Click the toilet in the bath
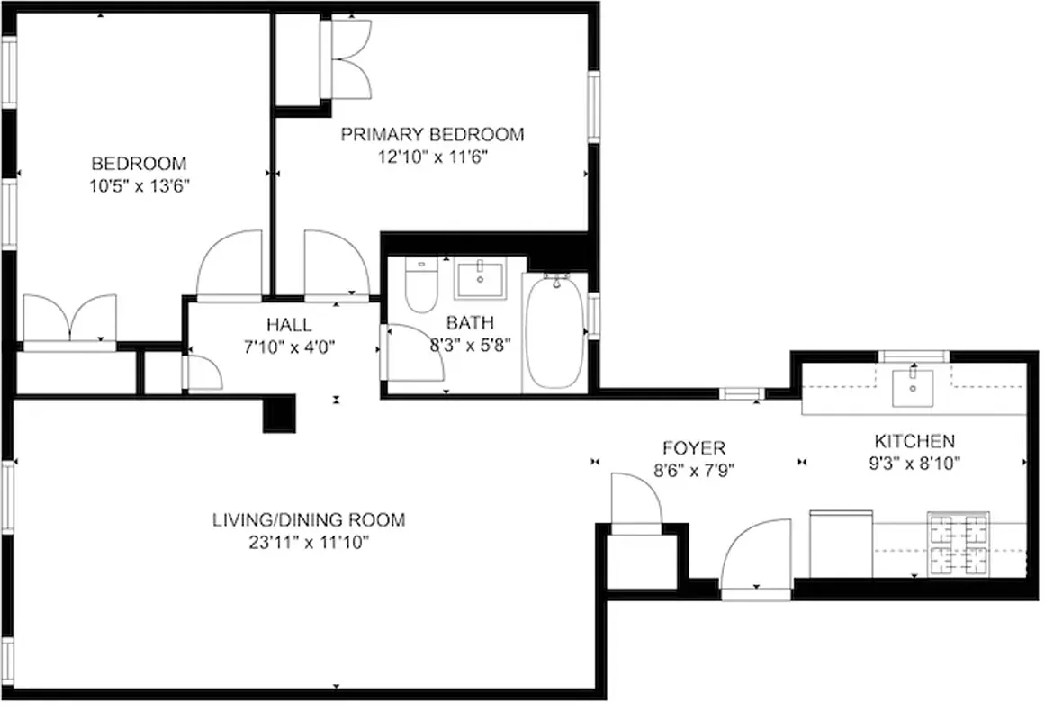pos(420,285)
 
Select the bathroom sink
pos(480,280)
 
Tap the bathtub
pos(554,331)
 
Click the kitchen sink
pos(914,388)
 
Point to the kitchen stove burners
pos(959,544)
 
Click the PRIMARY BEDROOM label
pos(432,135)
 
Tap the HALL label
pos(288,325)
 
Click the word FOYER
pos(693,447)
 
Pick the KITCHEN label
pos(914,441)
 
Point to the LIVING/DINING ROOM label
pos(309,519)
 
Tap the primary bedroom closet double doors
pos(352,58)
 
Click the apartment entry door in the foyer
pos(756,558)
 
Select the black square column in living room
pos(279,413)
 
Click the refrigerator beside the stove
pos(842,544)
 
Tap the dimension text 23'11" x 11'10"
pos(309,543)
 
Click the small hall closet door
pos(202,372)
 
